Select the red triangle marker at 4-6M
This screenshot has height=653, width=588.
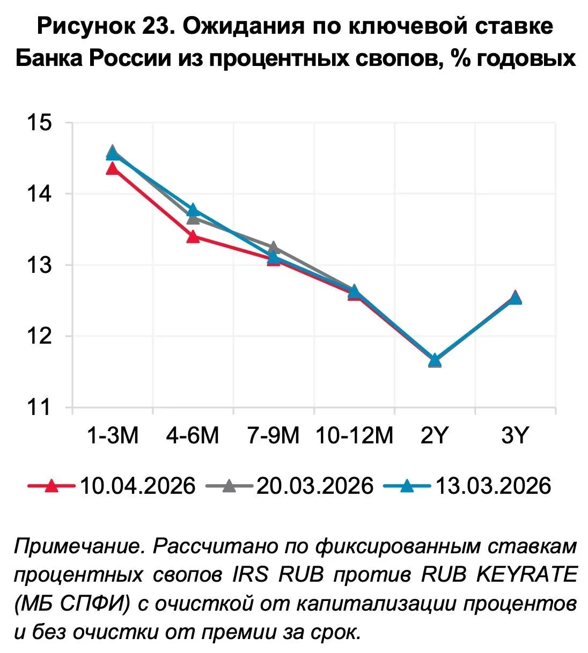tap(193, 236)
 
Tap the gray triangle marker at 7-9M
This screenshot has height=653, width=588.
tap(273, 247)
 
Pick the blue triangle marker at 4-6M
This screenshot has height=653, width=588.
tap(193, 210)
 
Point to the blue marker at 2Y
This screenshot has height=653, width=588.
tap(435, 360)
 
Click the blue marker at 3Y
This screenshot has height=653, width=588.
tap(515, 298)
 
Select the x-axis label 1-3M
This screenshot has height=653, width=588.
tap(113, 436)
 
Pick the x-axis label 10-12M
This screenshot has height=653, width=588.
tap(354, 436)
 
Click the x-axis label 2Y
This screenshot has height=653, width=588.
tap(434, 436)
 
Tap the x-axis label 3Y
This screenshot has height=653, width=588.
tap(515, 436)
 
